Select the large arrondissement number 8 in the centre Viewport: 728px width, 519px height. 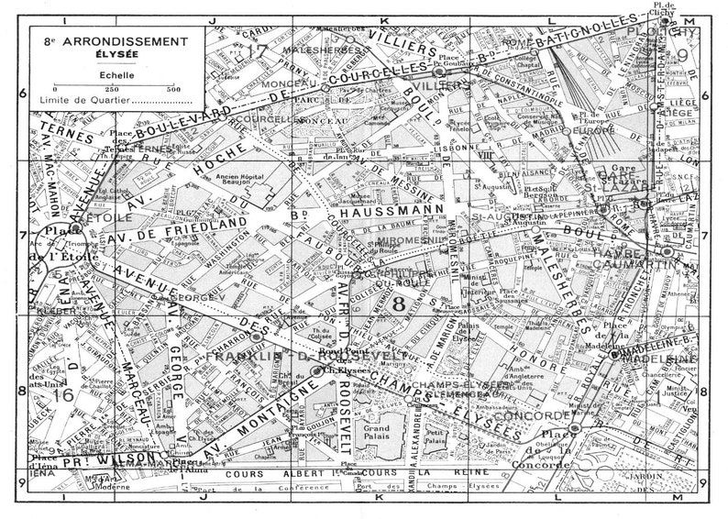point(397,302)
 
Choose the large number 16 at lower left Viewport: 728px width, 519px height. point(62,396)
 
